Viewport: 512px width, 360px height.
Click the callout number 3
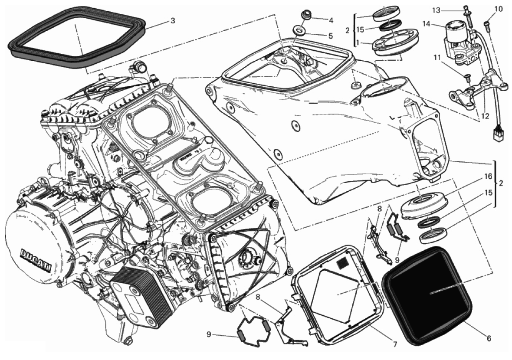[x=173, y=21]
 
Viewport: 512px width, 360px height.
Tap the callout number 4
[x=331, y=20]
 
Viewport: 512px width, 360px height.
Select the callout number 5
[x=331, y=36]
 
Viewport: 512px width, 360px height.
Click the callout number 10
[x=498, y=9]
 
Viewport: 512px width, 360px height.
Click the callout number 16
[x=488, y=177]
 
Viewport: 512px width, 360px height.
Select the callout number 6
[x=489, y=339]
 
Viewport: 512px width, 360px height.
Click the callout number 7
[x=394, y=344]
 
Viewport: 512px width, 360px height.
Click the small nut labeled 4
[x=305, y=15]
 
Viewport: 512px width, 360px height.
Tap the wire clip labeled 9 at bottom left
[x=254, y=334]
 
